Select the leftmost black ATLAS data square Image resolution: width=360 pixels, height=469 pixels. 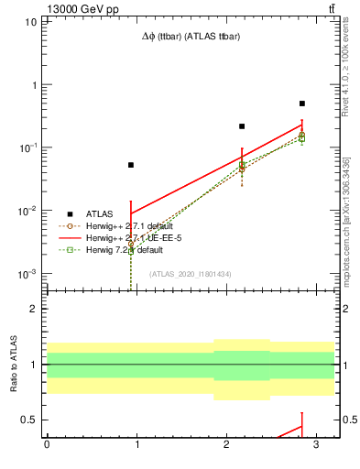[131, 165]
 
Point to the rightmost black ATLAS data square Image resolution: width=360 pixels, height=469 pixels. [302, 104]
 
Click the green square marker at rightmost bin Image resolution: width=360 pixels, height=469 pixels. [302, 138]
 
